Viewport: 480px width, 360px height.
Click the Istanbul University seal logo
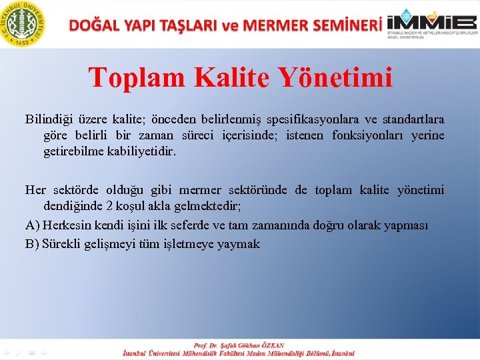[x=24, y=24]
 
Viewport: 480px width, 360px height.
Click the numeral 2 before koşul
[x=111, y=206]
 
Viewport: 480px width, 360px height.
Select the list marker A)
[x=33, y=225]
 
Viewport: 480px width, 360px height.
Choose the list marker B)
[x=33, y=244]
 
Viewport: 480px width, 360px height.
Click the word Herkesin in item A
[x=66, y=225]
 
